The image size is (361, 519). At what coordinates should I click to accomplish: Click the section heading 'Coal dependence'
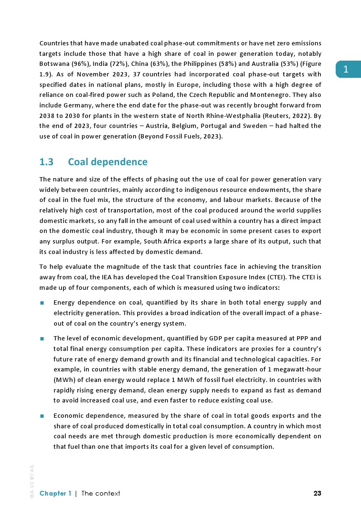click(107, 162)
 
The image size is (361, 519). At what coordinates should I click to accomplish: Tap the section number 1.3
click(46, 162)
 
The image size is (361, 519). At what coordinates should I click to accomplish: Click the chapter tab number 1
click(346, 70)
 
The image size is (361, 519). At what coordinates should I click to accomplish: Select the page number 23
click(317, 493)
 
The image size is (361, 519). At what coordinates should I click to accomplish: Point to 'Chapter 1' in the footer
click(55, 493)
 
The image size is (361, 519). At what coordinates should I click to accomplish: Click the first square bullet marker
click(42, 303)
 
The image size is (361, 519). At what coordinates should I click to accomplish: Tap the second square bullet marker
click(42, 338)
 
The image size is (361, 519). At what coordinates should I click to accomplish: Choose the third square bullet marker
click(42, 415)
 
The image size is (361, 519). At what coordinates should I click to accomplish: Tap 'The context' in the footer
click(101, 493)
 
